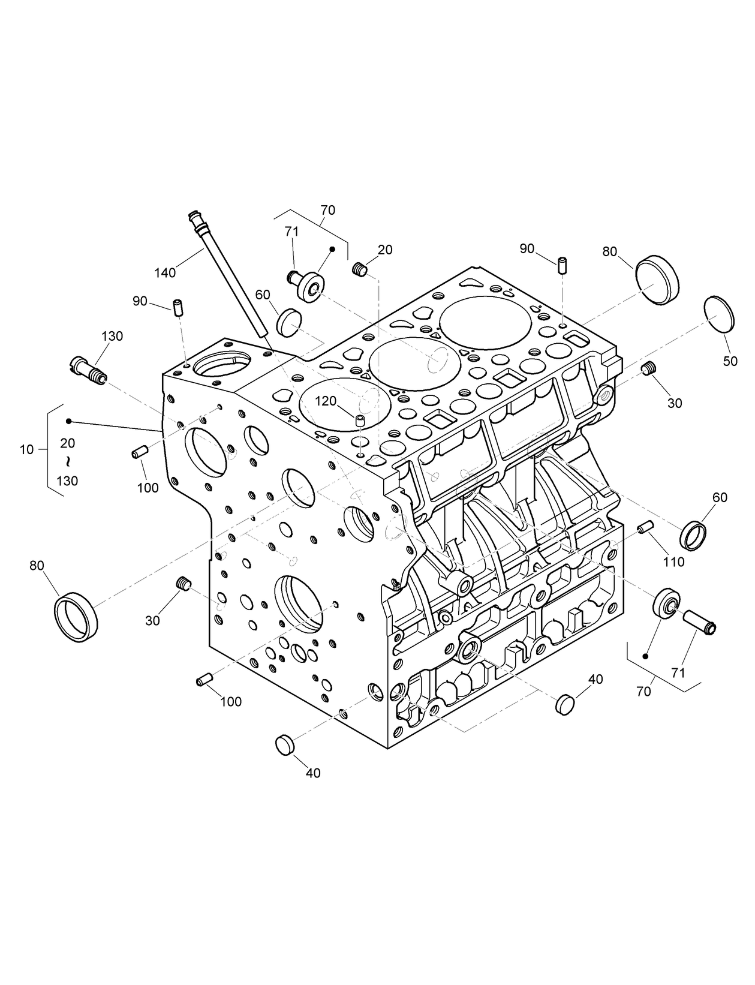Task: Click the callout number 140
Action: tap(164, 273)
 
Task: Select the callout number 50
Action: tap(730, 362)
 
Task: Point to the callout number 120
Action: tap(327, 401)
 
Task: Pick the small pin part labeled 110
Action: tap(645, 527)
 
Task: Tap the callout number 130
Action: tap(112, 336)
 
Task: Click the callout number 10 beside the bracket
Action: tap(26, 449)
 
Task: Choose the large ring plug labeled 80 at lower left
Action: tap(76, 617)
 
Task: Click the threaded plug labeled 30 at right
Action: tap(648, 370)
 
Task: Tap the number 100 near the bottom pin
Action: tap(231, 701)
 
